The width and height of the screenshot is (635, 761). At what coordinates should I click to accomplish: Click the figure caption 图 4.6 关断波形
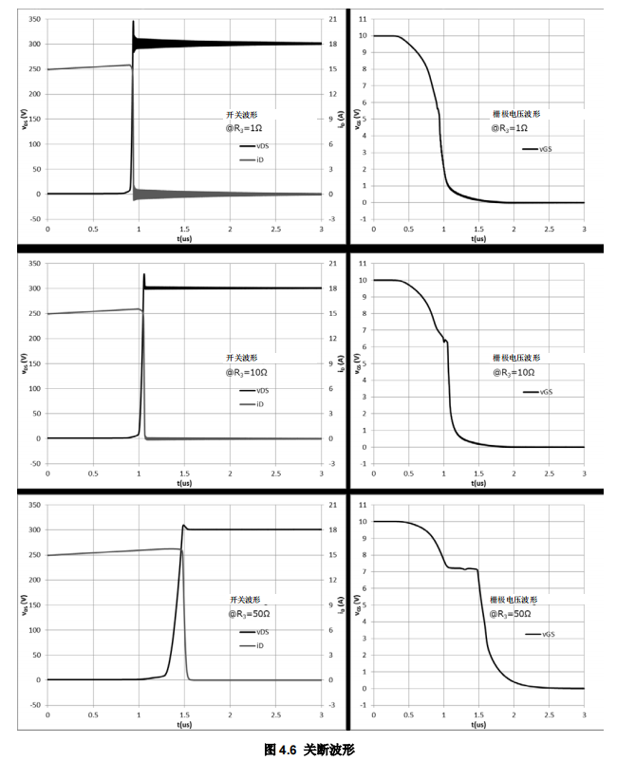(x=309, y=749)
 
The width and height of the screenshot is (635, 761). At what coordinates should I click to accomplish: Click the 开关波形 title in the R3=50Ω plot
(x=244, y=600)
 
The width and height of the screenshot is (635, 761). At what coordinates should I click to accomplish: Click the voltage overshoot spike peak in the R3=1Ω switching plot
(x=133, y=22)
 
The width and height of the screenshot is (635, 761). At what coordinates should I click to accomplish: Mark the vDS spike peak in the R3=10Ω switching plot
(x=144, y=275)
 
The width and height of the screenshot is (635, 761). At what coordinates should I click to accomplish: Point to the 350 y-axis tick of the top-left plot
(x=33, y=19)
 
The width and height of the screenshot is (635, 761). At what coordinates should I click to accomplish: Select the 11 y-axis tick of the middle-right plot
(x=363, y=260)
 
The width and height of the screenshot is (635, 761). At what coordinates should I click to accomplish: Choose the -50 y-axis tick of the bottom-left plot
(x=33, y=705)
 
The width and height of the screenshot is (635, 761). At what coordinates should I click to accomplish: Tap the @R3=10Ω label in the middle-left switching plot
(x=245, y=373)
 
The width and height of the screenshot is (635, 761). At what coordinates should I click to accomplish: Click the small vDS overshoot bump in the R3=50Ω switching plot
(x=185, y=526)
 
